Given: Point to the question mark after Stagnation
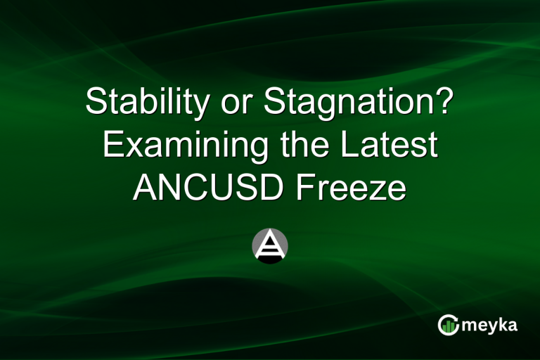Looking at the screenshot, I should point(442,103).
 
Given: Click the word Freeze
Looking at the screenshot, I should point(359,188).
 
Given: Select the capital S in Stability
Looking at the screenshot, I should point(96,104).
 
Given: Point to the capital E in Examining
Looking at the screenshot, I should point(112,146).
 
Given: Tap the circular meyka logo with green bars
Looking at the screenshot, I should point(448,324).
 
